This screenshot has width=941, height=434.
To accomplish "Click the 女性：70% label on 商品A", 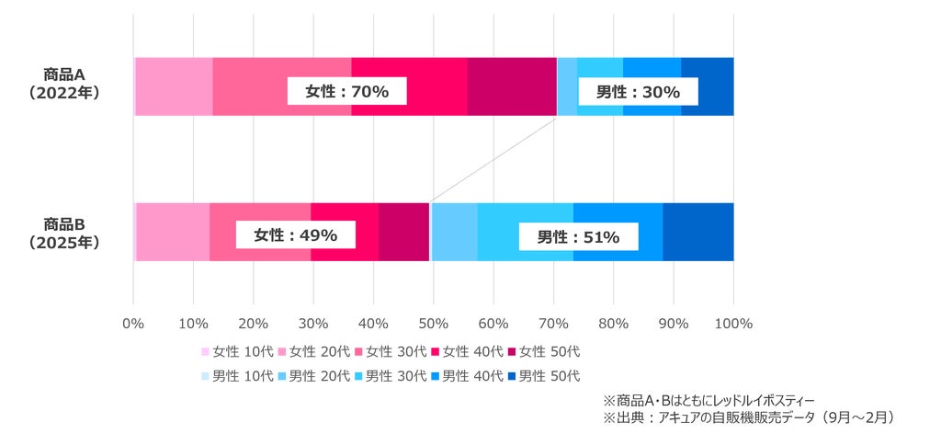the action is [346, 92].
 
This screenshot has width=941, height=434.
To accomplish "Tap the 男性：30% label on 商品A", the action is [638, 92].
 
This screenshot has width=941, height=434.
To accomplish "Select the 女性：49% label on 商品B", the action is [295, 235].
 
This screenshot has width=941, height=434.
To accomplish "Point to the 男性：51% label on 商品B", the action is [578, 236].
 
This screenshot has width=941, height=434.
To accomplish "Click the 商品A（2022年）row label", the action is [63, 84].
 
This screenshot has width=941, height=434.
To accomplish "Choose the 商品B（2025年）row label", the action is [63, 234].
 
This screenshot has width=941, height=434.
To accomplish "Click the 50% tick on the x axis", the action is [434, 324].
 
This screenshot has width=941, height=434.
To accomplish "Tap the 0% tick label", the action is [133, 324].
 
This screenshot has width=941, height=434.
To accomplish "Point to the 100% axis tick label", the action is [733, 324].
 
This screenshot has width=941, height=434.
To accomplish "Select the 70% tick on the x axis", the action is [553, 324].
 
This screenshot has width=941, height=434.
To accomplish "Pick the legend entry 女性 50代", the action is [544, 351].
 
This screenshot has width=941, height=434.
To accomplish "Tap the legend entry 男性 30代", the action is [391, 376].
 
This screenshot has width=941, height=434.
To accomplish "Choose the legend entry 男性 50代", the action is [544, 376].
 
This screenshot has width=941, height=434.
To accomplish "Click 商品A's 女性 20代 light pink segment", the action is [174, 86].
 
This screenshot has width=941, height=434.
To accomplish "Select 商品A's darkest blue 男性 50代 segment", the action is [708, 86].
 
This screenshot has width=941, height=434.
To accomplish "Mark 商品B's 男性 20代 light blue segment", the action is [455, 233].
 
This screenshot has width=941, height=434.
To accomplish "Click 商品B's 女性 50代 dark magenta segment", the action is [404, 233].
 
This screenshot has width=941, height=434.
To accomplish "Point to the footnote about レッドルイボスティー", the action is [709, 400].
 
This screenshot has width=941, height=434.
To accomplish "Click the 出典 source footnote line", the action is [748, 417].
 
